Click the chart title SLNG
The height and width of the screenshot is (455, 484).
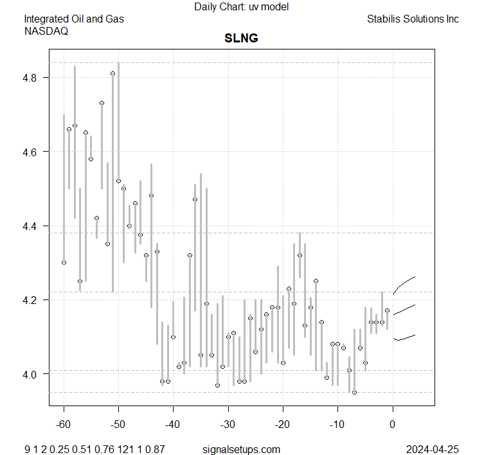point(241,38)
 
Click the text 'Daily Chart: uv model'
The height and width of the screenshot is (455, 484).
point(241,6)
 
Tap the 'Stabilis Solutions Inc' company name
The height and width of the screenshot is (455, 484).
point(413,19)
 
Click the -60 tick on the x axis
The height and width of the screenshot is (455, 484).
point(64,425)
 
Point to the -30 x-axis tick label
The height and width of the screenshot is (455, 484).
point(228,425)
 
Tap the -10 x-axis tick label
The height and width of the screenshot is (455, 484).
point(337,425)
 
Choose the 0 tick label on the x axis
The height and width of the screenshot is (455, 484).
point(392,425)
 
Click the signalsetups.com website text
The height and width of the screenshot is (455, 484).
point(241,449)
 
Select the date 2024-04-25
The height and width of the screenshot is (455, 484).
point(433,449)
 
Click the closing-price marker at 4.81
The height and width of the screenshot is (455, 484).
point(112,73)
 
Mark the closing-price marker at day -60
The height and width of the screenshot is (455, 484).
point(64,262)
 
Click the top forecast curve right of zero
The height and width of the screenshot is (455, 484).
point(405,282)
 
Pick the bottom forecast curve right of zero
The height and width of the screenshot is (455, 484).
point(405,338)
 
